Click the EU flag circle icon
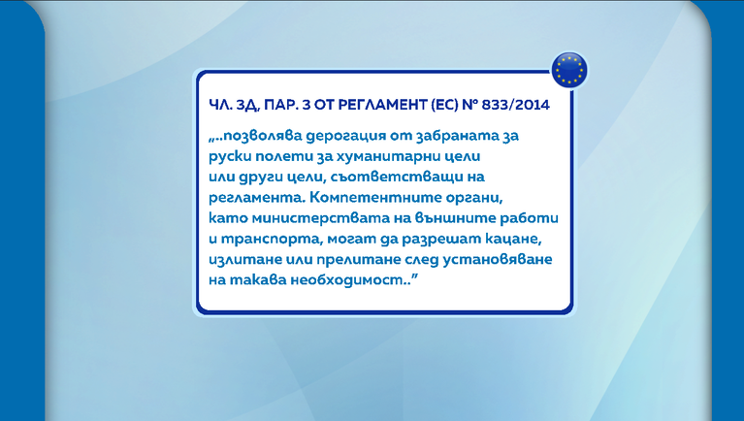tap(569, 70)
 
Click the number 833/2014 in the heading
tap(515, 105)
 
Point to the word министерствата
tap(320, 218)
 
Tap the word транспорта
tap(267, 240)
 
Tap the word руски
tap(230, 156)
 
